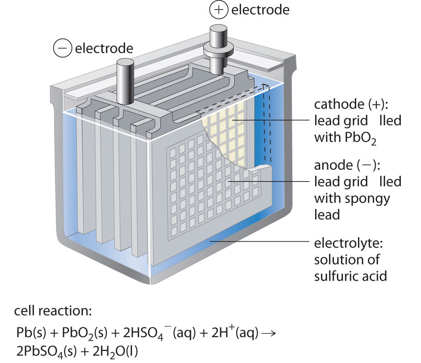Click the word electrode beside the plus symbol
[x=260, y=10]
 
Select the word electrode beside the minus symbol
[x=104, y=48]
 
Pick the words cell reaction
[x=53, y=311]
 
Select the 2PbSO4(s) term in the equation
[x=48, y=351]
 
